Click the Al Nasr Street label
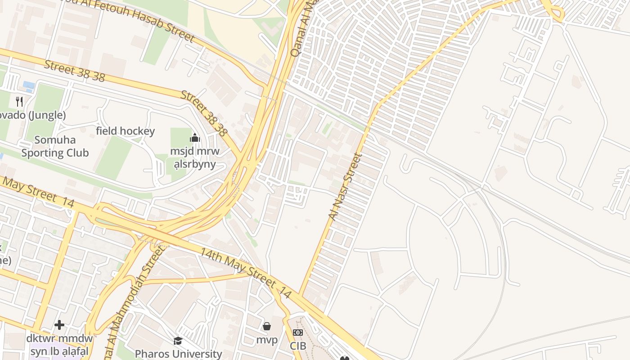coord(345,186)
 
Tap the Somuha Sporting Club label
coord(55,146)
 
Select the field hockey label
coord(125,131)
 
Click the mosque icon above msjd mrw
coord(195,138)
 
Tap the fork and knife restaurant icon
coord(19,101)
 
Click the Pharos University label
coord(179,354)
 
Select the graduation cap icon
coord(178,341)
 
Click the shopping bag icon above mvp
coord(267,326)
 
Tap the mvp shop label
coord(267,340)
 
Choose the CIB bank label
coord(298,346)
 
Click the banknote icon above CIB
coord(298,333)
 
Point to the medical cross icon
coord(59,324)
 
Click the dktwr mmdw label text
coord(59,338)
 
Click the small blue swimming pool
coord(28,85)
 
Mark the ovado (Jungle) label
coord(32,115)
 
